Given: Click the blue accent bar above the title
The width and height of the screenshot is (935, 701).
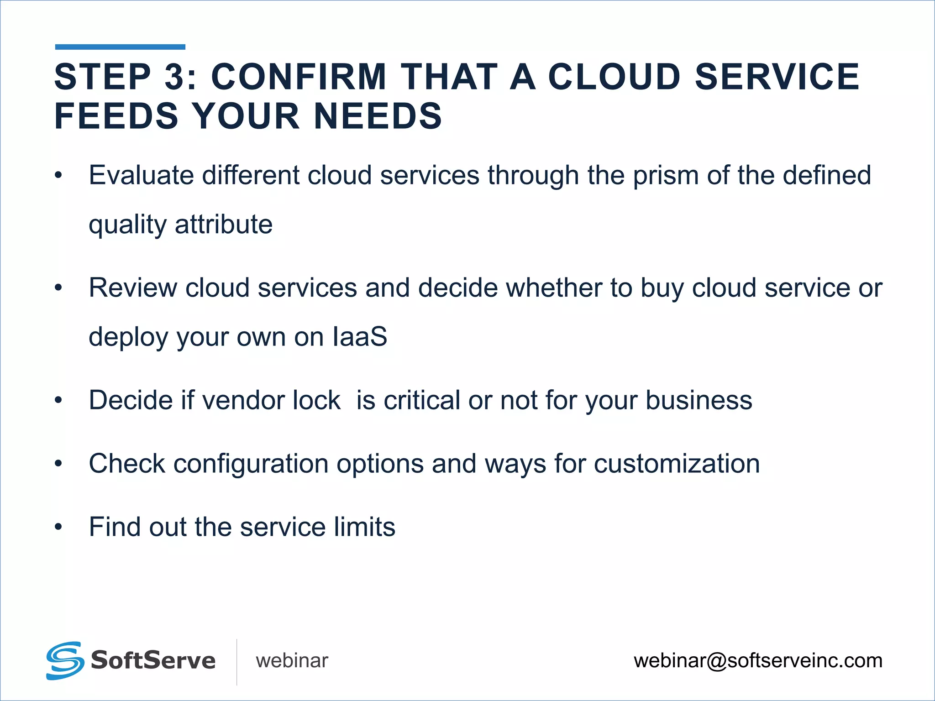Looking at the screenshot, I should click(x=120, y=47).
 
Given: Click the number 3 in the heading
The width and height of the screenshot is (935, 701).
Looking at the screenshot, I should click(x=175, y=77).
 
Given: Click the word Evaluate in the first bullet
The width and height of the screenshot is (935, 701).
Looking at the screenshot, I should click(x=141, y=176).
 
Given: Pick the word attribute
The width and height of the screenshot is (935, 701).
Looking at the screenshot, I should click(x=224, y=225).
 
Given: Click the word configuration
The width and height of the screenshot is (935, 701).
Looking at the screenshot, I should click(x=251, y=464).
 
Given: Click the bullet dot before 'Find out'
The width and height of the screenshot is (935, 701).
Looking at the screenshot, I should click(x=58, y=527).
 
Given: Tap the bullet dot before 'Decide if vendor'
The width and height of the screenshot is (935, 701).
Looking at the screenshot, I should click(x=58, y=401).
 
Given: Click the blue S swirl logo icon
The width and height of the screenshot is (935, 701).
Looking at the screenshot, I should click(x=65, y=660).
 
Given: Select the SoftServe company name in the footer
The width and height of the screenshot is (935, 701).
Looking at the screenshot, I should click(x=153, y=661).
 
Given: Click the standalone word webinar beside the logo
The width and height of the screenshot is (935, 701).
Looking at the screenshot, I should click(x=292, y=661).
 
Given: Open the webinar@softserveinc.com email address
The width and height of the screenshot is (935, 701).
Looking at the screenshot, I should click(x=758, y=661).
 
